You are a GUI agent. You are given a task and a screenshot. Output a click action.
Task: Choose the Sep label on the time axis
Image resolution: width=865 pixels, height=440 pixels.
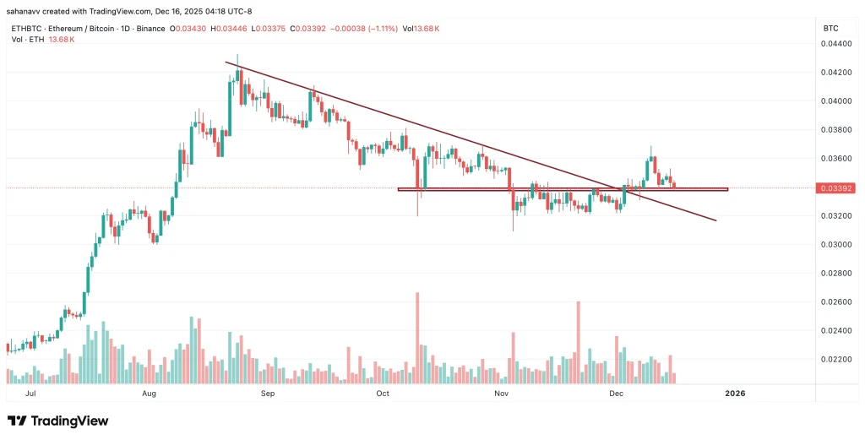(x=268, y=394)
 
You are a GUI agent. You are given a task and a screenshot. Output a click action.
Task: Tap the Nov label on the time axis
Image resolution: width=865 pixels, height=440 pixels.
(x=501, y=394)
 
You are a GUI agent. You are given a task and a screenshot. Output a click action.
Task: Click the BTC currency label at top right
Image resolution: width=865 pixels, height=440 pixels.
(x=830, y=29)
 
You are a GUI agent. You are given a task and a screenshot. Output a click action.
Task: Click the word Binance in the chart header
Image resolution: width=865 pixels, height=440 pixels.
(x=149, y=29)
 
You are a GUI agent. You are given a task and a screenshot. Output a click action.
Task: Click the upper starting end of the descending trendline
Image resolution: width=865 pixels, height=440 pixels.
(x=226, y=62)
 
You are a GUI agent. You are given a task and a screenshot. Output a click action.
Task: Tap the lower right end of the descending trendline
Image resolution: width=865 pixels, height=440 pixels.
(x=716, y=220)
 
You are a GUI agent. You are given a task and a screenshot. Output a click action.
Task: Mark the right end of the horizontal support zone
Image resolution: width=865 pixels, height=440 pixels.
(x=726, y=188)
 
